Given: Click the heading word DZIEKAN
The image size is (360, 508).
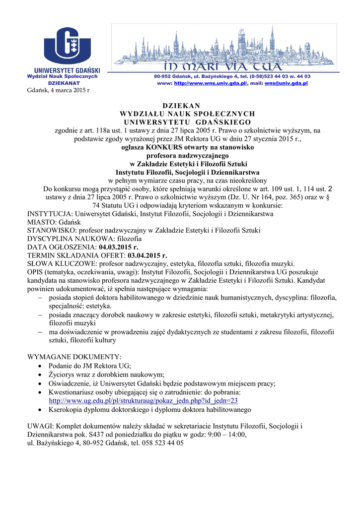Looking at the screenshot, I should [181, 106].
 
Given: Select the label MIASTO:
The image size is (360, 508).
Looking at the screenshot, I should [41, 222].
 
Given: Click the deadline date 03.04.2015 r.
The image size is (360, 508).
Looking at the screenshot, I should [147, 255].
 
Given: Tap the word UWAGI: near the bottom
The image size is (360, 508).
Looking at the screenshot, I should [40, 426].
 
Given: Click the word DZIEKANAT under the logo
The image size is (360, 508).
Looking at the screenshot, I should [62, 83].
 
